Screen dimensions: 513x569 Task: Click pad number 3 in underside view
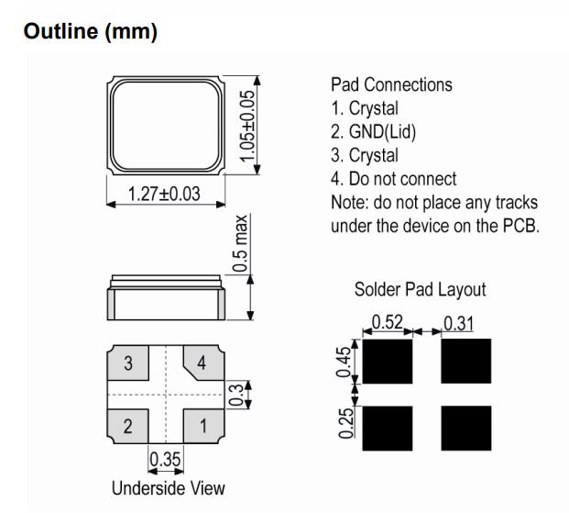pos(129,362)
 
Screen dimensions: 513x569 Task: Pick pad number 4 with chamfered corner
pos(202,362)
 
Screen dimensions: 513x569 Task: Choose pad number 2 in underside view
pos(129,425)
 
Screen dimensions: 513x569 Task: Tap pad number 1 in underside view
pos(203,425)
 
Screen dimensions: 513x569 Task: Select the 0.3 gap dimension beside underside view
pos(237,394)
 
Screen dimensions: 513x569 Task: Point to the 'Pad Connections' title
pos(390,85)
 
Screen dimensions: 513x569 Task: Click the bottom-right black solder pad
pos(465,428)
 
